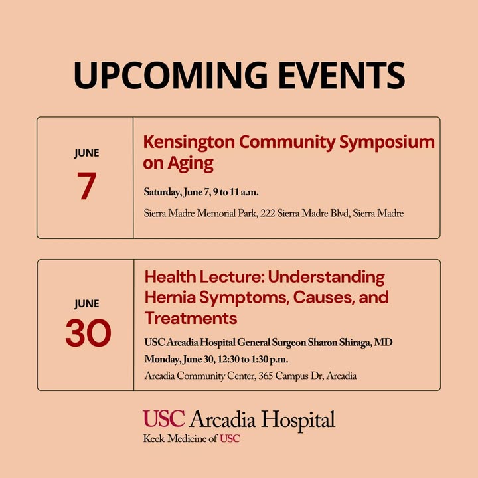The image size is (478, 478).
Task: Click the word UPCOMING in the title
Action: point(171,75)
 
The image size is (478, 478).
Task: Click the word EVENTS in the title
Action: point(342,75)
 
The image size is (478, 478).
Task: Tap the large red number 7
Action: point(86,185)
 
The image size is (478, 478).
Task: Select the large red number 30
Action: point(88,333)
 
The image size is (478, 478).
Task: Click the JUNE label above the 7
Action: point(86,153)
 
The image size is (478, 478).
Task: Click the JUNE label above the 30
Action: point(87,304)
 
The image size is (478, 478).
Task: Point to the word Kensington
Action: point(189,142)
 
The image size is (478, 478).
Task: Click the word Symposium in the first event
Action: point(387,143)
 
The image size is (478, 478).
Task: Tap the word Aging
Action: point(191,164)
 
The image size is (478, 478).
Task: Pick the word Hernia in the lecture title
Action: point(170,297)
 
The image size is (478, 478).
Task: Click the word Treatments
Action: point(191,318)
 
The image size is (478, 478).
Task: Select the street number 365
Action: point(266,376)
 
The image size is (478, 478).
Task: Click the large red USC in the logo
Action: point(164,418)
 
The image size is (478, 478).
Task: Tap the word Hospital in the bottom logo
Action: point(298,420)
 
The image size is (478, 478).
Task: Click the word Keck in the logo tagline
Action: point(154,439)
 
